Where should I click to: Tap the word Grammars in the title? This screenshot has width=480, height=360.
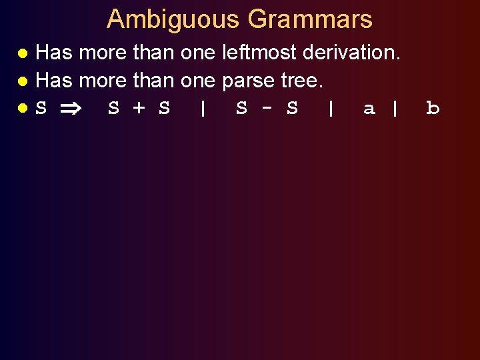click(x=310, y=19)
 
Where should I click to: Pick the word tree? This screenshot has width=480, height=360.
click(x=301, y=81)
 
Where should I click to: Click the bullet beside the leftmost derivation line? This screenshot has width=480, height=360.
click(x=23, y=53)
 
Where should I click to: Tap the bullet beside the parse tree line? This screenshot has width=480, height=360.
click(x=23, y=81)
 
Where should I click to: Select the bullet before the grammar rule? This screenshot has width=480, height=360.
click(x=23, y=109)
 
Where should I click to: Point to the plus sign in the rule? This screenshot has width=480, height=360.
click(x=139, y=108)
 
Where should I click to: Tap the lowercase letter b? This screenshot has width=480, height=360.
click(x=433, y=108)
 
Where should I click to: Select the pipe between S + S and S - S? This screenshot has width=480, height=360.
click(x=203, y=108)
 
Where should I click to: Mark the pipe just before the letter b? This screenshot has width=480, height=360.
click(x=395, y=108)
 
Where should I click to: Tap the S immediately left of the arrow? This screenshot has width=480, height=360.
click(x=41, y=108)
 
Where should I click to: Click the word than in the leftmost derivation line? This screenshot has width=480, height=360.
click(x=153, y=52)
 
